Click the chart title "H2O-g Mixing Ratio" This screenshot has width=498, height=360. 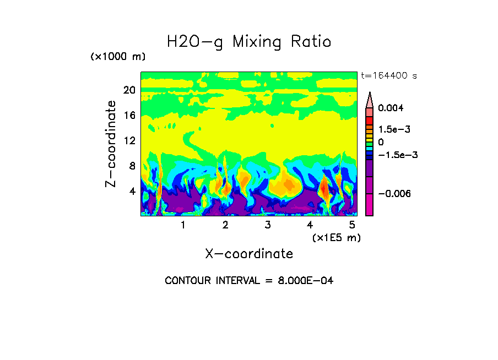(249, 42)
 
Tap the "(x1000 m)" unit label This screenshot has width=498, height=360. (117, 57)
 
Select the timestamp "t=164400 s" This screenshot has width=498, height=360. (388, 76)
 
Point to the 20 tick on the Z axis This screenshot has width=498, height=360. (129, 90)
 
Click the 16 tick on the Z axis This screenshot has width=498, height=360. (129, 116)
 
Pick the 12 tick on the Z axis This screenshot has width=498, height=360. (129, 141)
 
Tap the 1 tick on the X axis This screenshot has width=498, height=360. (183, 225)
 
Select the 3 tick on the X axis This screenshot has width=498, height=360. (268, 225)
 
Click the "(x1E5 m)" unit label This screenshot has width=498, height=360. (336, 237)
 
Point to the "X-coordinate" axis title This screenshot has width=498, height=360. (249, 254)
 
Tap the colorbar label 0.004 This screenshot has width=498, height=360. (391, 108)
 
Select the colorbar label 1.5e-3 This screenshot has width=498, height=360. (394, 129)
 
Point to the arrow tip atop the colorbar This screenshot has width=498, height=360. (370, 93)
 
